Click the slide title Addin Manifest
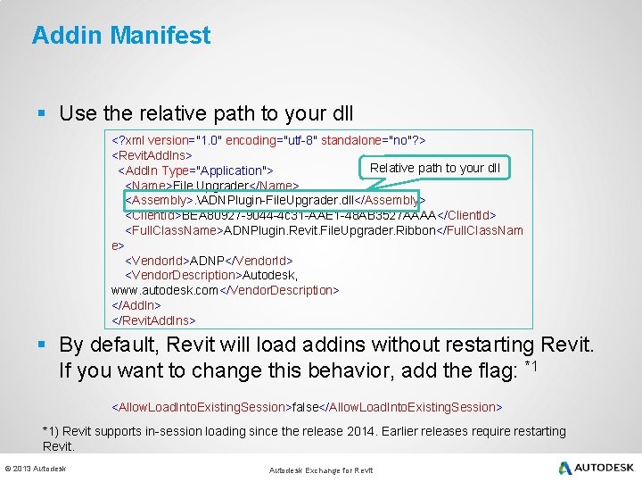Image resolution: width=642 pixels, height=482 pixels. [121, 36]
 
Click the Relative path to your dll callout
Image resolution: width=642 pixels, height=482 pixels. [434, 168]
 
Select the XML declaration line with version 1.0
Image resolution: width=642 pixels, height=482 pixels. [268, 140]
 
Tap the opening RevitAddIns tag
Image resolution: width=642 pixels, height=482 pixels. [152, 155]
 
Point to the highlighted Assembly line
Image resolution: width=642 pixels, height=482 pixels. [274, 200]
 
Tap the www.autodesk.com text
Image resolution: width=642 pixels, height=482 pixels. [165, 291]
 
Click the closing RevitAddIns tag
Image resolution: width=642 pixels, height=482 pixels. [153, 320]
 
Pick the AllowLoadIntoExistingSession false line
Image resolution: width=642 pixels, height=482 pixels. [306, 407]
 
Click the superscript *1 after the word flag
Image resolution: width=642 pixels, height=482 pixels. [531, 365]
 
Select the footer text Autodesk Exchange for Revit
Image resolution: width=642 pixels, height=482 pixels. [321, 470]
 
